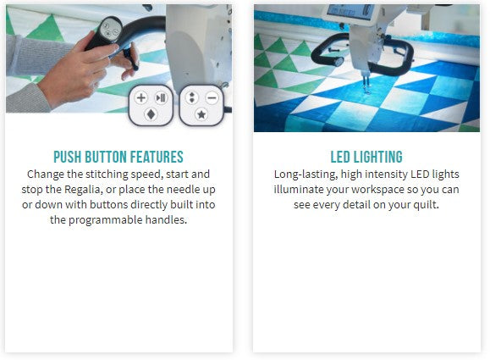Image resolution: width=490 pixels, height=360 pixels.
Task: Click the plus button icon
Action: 141,98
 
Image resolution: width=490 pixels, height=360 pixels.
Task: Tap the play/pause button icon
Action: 161,98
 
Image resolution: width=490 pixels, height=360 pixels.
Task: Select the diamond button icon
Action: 151,115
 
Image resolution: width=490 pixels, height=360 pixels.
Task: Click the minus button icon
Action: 212,98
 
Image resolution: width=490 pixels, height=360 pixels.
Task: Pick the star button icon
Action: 201,115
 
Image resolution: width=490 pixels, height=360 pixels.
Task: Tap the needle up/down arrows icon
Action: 192,97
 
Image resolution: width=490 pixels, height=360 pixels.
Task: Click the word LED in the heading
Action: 340,157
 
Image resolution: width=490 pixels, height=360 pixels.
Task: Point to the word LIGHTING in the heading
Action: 377,157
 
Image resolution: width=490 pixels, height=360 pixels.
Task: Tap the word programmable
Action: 105,220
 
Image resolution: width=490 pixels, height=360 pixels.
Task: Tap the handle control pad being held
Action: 107,32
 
